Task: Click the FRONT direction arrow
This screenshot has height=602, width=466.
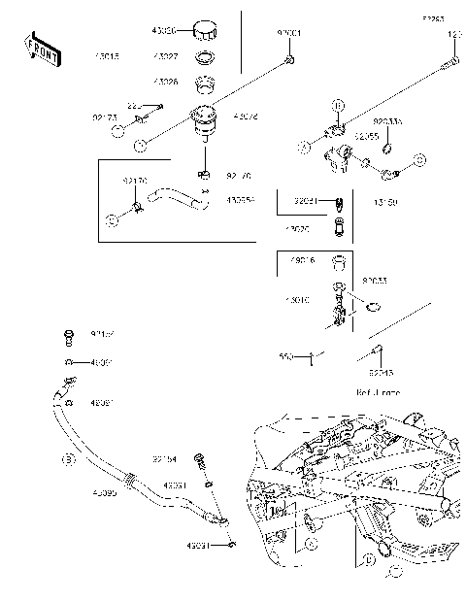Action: pos(41,49)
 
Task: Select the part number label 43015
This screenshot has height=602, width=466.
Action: pos(107,56)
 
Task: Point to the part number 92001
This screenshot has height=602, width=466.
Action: pos(289,33)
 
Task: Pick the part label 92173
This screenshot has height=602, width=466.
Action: pos(105,117)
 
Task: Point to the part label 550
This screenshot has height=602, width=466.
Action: pos(285,356)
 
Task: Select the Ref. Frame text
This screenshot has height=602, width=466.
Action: pos(378,392)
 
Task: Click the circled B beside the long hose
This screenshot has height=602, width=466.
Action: pos(67,457)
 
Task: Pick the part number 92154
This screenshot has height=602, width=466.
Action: pos(164,457)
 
